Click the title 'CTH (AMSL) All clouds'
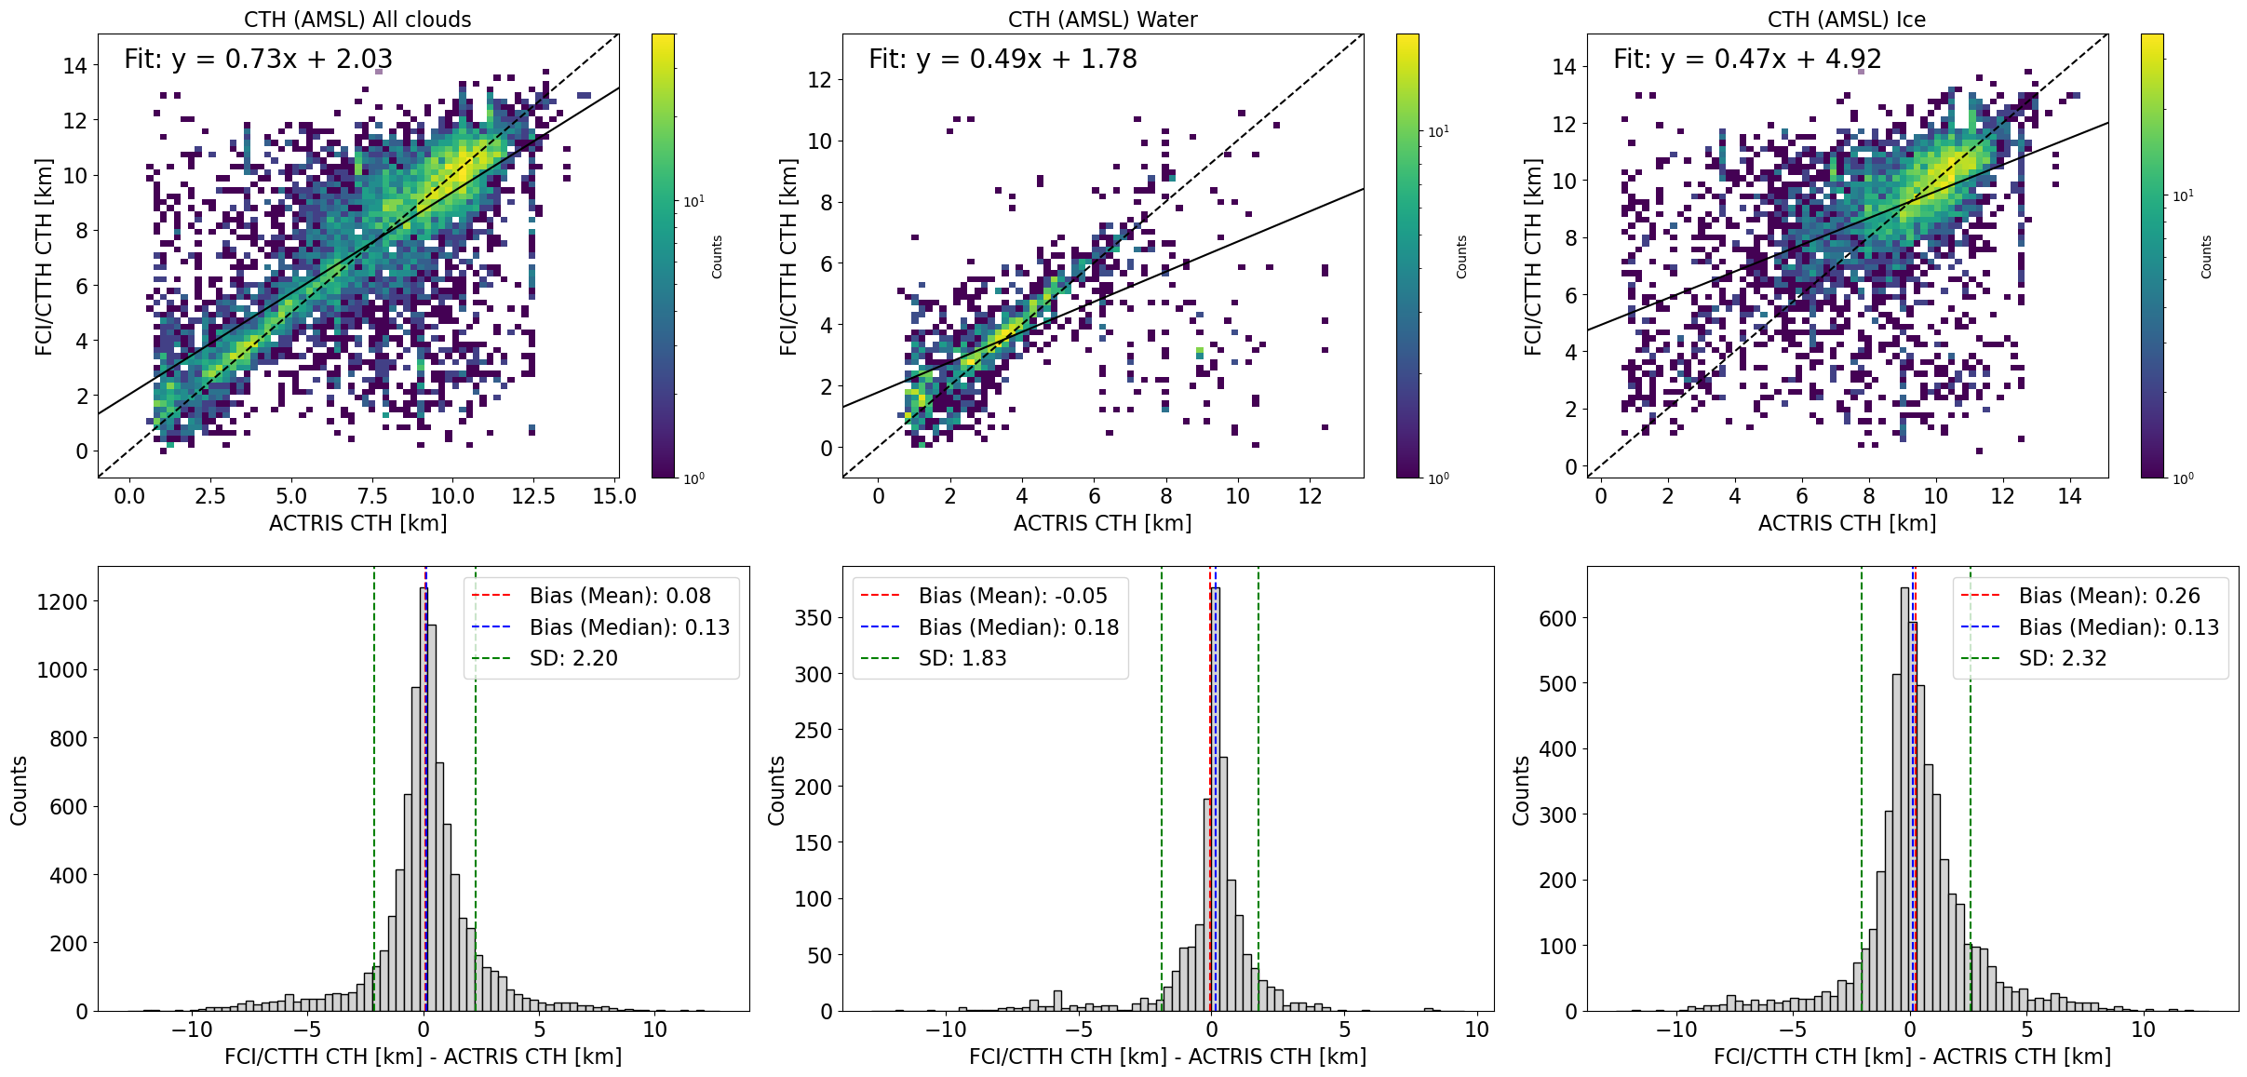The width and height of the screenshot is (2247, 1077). tap(357, 20)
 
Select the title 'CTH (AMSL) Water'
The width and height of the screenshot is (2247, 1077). tap(1102, 20)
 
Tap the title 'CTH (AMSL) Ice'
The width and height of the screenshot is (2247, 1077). tap(1847, 20)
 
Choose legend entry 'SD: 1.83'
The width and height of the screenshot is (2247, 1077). tap(962, 658)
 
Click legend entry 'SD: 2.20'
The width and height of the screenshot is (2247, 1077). tap(573, 658)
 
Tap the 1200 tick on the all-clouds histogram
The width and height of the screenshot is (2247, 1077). tap(61, 602)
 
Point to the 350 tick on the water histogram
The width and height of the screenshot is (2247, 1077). tap(813, 618)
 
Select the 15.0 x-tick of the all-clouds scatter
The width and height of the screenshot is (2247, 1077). tap(614, 496)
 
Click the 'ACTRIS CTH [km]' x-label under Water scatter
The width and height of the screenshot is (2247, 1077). tap(1102, 523)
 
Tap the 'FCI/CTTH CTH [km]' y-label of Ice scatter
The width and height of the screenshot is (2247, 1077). tap(1532, 256)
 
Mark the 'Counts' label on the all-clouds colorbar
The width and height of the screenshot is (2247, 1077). tap(717, 256)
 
